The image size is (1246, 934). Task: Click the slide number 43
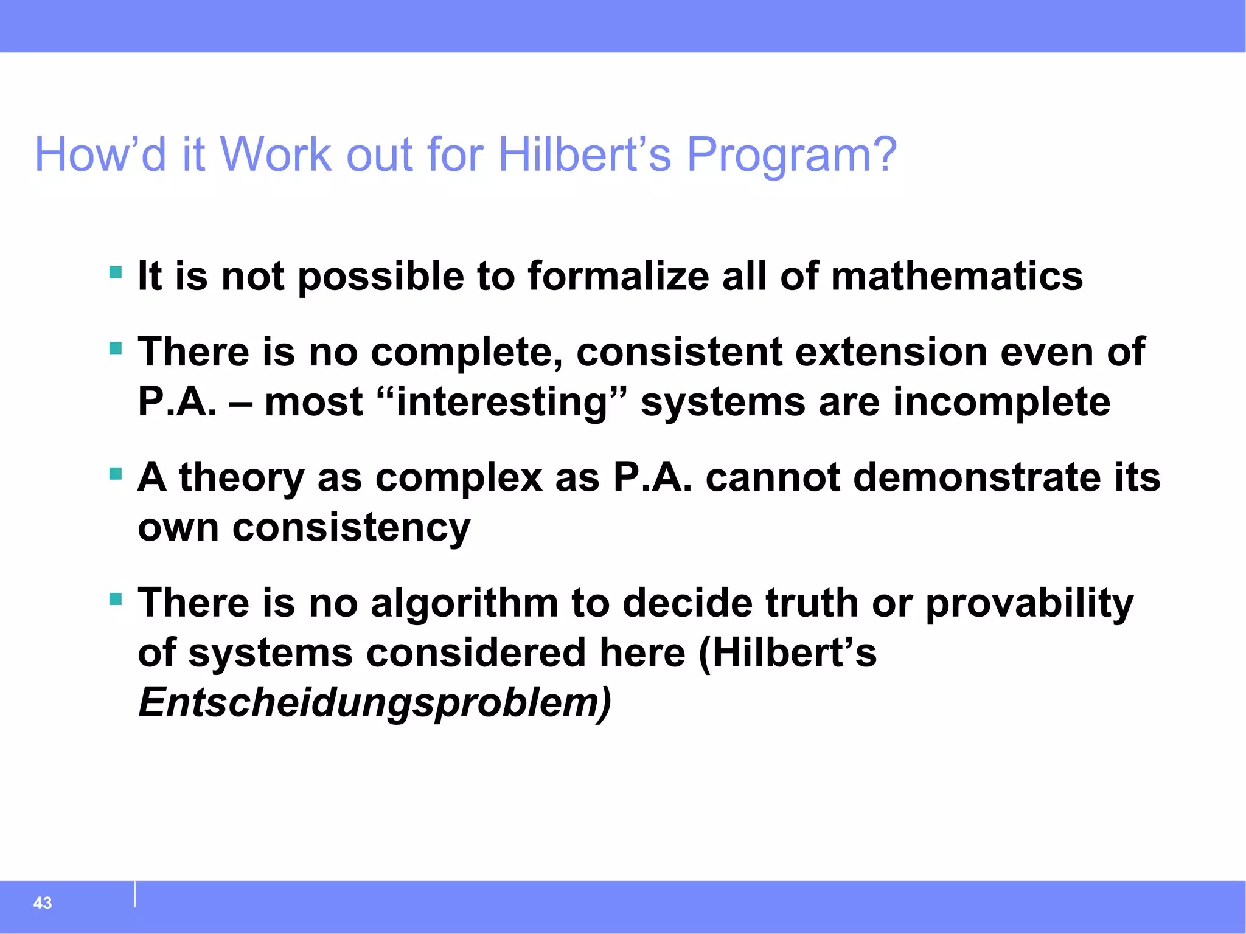(x=43, y=903)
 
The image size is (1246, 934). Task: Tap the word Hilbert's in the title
(x=585, y=154)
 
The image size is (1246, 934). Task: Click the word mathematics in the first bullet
(x=956, y=276)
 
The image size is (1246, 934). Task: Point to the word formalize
(x=618, y=276)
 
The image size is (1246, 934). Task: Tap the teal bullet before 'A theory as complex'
(x=116, y=473)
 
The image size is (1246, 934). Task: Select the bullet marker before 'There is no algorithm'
(x=116, y=600)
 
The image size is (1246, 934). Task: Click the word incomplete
(x=1001, y=403)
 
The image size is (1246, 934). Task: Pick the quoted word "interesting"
(x=502, y=403)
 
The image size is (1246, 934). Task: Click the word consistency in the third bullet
(x=351, y=528)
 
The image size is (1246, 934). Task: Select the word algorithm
(x=464, y=603)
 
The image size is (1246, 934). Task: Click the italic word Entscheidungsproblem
(x=374, y=703)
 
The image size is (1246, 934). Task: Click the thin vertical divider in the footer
(x=135, y=894)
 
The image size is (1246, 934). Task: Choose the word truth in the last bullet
(x=812, y=603)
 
